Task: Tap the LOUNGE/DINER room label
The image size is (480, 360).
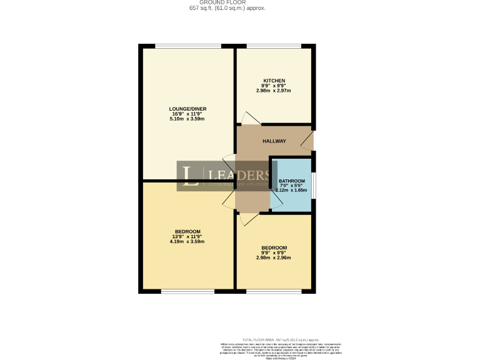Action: click(187, 109)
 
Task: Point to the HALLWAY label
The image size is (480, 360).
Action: click(274, 141)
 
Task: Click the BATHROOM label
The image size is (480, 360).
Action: click(291, 181)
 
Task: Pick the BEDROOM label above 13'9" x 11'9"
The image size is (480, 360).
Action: click(187, 232)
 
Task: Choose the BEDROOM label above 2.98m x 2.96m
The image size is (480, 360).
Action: click(274, 247)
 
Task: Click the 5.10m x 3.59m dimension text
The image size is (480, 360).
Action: click(187, 119)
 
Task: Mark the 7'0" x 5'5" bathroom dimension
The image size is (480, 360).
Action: click(291, 186)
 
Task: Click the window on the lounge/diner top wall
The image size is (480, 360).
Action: click(187, 46)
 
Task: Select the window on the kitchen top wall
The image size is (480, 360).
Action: click(273, 46)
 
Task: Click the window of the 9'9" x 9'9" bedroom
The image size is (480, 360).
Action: click(273, 291)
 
